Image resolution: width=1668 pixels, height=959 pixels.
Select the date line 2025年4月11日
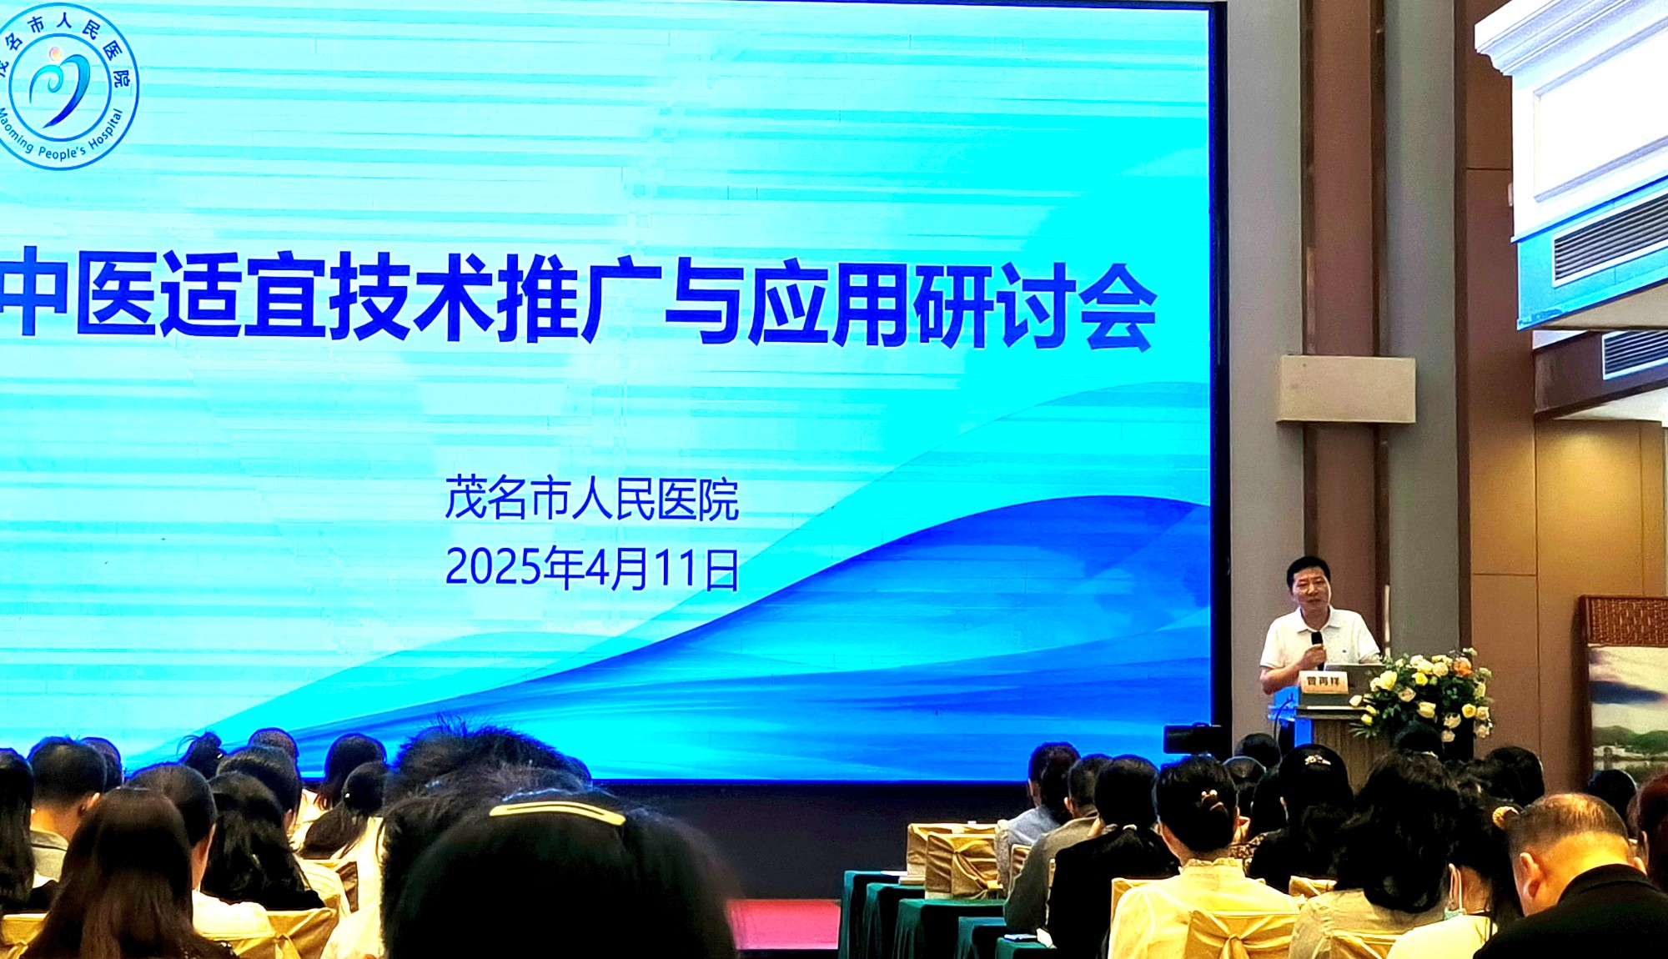[592, 569]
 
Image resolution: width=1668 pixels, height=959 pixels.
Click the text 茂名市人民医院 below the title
[592, 500]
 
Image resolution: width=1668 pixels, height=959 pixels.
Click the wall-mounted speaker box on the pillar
[1345, 389]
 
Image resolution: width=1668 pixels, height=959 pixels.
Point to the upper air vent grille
[1610, 233]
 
